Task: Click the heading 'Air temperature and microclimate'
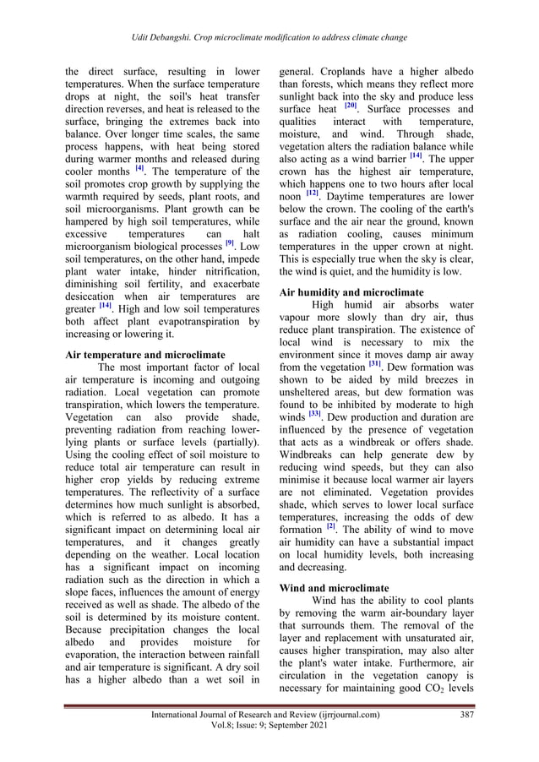tap(145, 356)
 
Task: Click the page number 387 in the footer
tap(461, 716)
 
